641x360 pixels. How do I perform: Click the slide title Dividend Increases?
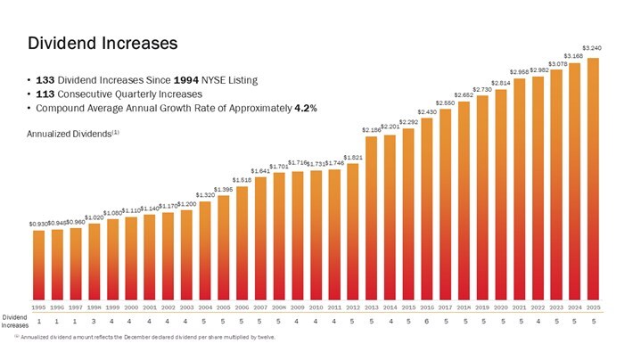pos(103,43)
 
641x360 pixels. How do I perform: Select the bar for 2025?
pos(592,178)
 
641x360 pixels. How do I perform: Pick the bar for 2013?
pos(371,217)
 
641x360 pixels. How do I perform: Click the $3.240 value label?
pos(592,48)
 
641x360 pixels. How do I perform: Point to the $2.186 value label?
pos(371,130)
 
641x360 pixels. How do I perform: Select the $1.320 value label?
pos(205,194)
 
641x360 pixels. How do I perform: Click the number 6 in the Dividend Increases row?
pos(426,321)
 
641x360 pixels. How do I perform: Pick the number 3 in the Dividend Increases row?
pos(94,321)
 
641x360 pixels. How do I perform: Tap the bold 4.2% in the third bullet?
pos(306,108)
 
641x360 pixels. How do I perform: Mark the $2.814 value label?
pos(500,83)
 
